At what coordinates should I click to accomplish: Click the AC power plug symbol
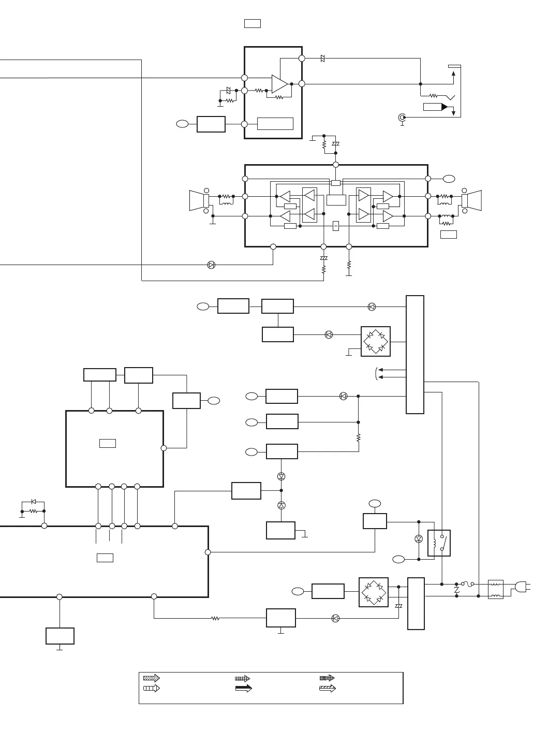(521, 587)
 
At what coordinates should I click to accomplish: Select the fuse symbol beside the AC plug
(469, 584)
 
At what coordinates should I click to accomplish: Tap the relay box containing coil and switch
(439, 543)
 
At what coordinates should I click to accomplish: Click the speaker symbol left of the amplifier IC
(198, 201)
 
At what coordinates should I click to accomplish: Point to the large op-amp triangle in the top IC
(279, 84)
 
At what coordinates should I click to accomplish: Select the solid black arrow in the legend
(243, 688)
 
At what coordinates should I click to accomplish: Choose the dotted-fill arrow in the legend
(152, 678)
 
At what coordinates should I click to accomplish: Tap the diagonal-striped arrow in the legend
(328, 688)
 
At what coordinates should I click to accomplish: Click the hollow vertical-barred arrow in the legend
(152, 688)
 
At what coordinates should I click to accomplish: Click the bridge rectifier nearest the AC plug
(374, 592)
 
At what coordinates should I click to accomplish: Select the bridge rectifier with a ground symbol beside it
(376, 342)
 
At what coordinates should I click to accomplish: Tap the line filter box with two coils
(496, 590)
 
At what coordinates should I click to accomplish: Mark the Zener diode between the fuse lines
(456, 590)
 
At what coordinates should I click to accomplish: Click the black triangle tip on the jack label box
(444, 107)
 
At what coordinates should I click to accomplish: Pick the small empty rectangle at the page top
(253, 23)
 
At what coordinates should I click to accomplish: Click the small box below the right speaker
(448, 235)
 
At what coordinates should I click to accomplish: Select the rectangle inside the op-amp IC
(275, 124)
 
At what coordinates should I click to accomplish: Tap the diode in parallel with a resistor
(34, 502)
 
